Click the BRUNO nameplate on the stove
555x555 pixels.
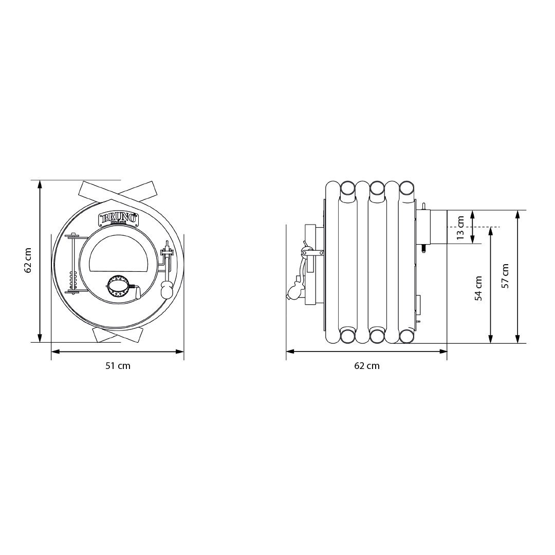click(118, 218)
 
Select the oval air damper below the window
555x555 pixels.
click(119, 285)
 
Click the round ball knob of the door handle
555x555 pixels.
click(167, 291)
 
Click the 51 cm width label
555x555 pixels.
click(118, 366)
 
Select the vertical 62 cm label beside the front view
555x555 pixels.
click(28, 260)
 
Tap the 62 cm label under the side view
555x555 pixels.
click(366, 366)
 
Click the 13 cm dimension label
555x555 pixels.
click(460, 227)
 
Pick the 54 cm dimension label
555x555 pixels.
click(478, 288)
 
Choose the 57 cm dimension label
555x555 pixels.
click(505, 276)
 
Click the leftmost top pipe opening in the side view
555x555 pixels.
click(348, 188)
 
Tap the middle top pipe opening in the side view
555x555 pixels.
click(377, 188)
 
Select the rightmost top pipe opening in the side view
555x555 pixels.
click(406, 188)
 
